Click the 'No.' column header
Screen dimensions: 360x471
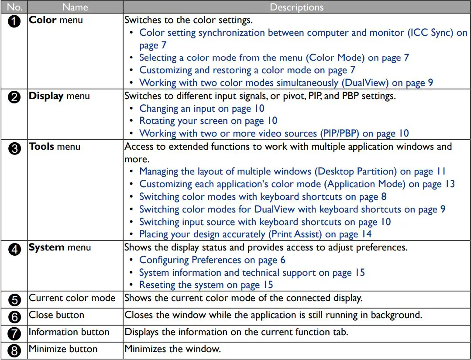(14, 7)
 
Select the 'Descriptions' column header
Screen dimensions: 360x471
(297, 7)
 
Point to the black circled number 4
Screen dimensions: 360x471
(14, 250)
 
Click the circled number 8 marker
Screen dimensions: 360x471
(14, 350)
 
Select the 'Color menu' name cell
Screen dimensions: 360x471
(55, 20)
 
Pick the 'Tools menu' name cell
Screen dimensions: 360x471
(55, 147)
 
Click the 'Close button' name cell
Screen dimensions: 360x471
(56, 315)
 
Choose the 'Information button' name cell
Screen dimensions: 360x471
(69, 332)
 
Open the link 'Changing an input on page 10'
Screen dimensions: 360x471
(202, 108)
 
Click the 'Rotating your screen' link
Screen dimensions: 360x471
(208, 121)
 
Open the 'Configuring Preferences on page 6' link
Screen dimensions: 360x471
(212, 260)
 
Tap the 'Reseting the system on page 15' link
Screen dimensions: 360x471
(206, 285)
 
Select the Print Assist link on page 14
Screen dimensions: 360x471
(255, 234)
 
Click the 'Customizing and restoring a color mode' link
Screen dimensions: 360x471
(247, 70)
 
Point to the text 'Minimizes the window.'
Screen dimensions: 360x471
(172, 349)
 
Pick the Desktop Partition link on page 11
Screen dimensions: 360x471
(292, 171)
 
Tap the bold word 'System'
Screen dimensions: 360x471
(47, 247)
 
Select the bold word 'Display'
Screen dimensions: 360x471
(46, 96)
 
